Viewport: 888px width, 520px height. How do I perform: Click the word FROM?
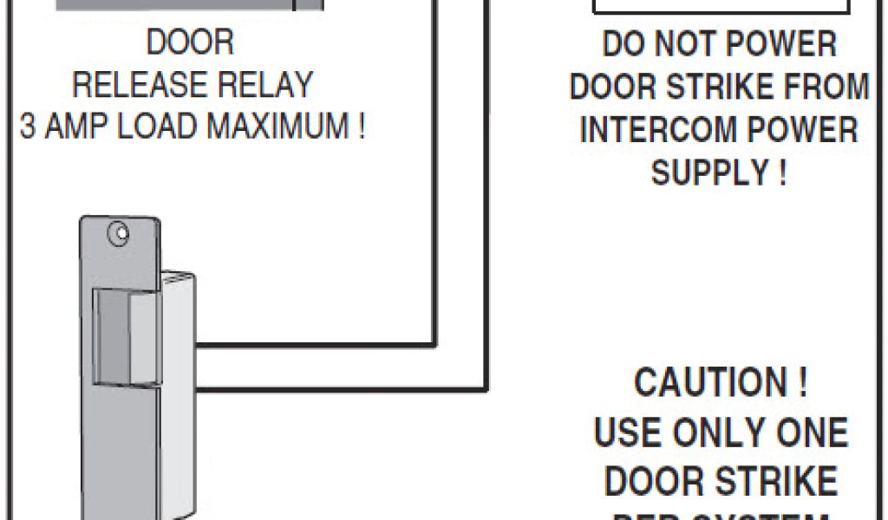tap(824, 87)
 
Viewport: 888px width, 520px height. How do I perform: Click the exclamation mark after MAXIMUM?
tap(359, 127)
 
